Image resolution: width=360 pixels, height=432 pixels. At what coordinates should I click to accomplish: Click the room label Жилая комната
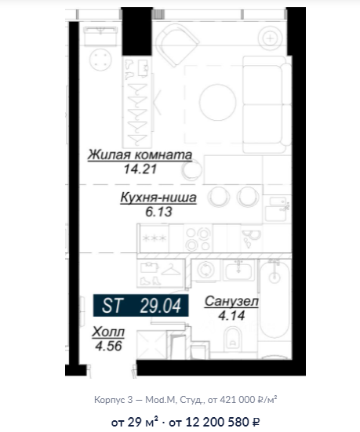click(140, 154)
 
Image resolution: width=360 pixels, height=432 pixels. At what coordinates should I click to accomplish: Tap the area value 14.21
click(140, 169)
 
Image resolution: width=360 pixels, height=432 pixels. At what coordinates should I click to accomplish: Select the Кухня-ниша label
click(158, 198)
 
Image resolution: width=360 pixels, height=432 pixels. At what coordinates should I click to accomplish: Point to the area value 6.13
click(158, 212)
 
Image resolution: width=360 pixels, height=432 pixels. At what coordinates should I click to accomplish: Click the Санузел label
click(231, 301)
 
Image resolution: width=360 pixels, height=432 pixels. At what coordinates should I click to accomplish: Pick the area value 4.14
click(231, 315)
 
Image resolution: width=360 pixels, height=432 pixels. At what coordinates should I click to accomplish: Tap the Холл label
click(108, 332)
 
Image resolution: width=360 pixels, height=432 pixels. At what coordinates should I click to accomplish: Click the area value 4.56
click(108, 347)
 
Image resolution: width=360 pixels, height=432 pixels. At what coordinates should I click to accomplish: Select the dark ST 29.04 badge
click(141, 305)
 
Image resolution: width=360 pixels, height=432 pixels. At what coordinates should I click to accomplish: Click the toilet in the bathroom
click(233, 336)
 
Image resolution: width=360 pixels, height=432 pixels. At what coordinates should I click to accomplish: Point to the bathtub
click(275, 299)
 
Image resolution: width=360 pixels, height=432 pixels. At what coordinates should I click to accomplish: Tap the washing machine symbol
click(206, 270)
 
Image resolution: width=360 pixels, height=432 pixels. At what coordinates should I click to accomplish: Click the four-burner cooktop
click(198, 238)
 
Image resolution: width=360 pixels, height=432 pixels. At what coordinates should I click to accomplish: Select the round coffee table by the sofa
click(218, 102)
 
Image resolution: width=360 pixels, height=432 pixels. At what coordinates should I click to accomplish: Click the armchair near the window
click(176, 45)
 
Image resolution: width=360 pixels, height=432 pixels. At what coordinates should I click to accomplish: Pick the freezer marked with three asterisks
click(154, 238)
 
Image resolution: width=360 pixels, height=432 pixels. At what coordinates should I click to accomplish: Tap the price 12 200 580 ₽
click(214, 422)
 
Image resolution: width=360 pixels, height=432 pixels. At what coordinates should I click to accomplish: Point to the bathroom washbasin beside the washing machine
click(239, 270)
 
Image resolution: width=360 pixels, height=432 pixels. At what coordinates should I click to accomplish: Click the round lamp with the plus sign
click(270, 38)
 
